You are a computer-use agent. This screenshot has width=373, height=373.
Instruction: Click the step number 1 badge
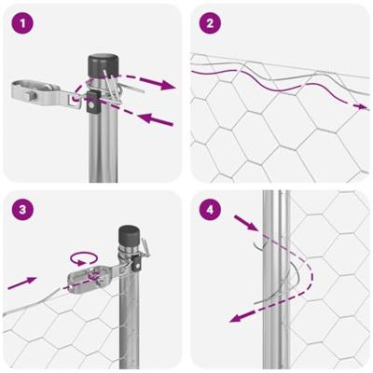point(23,22)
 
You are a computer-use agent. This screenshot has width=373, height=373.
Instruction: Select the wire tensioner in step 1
point(37,91)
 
